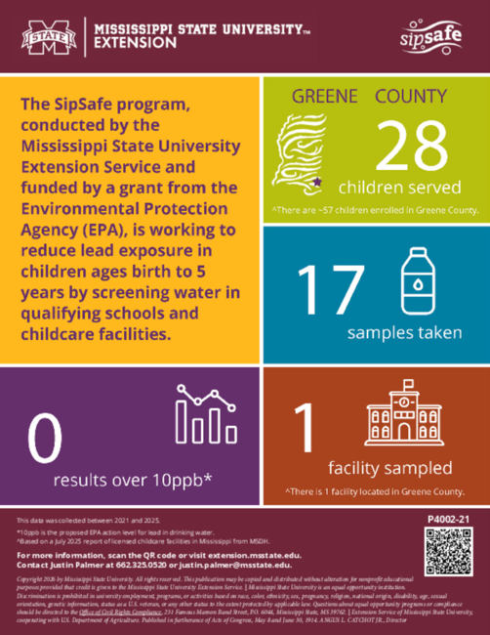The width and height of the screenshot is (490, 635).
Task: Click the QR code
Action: pyautogui.click(x=447, y=547)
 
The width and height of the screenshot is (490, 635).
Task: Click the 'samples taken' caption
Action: pyautogui.click(x=404, y=333)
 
